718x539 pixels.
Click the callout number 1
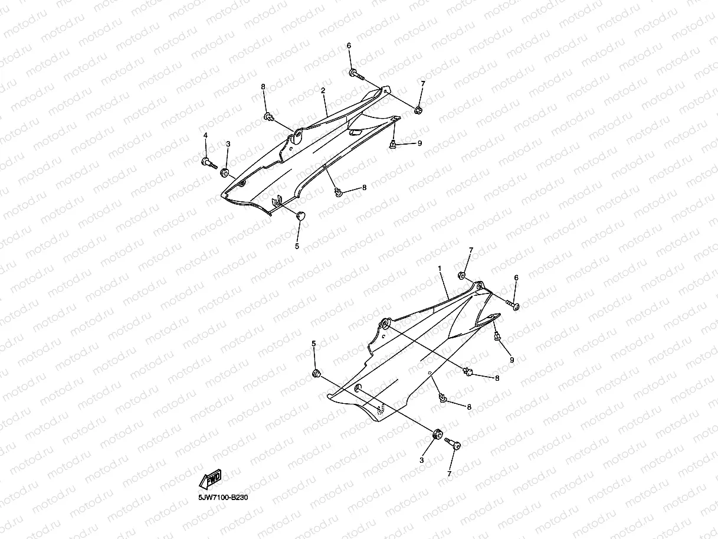[440, 268]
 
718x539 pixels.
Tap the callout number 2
[323, 91]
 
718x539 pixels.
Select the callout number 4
[205, 136]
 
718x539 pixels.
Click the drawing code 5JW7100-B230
[223, 498]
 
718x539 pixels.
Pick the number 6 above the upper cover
[349, 46]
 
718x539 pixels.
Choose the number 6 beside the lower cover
[516, 277]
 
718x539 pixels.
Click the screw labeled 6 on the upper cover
[355, 74]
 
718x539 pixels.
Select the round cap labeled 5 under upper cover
[301, 216]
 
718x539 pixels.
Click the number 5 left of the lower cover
[314, 344]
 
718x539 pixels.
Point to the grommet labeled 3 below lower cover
[438, 435]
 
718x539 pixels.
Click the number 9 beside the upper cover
[419, 143]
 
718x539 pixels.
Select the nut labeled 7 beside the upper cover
[418, 110]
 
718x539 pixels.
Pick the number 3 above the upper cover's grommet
[228, 144]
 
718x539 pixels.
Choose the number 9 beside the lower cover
[512, 360]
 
